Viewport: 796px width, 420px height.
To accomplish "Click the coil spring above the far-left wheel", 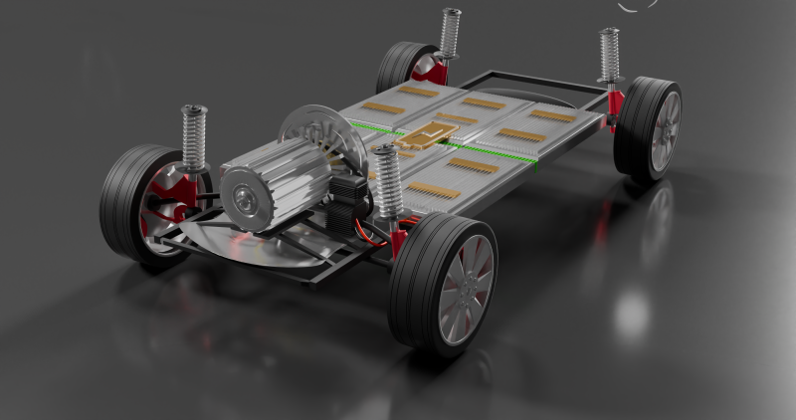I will (193, 137).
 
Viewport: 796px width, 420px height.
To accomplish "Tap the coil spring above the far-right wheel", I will (609, 55).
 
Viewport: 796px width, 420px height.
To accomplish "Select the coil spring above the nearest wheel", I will (388, 181).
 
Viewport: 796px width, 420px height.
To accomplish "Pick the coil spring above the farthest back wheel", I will (450, 33).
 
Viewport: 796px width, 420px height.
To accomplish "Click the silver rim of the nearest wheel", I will (466, 290).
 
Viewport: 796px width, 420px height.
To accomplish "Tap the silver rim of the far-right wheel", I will (666, 131).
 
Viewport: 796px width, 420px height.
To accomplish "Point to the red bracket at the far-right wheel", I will (615, 104).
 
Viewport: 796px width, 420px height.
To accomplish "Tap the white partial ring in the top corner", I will (637, 5).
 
